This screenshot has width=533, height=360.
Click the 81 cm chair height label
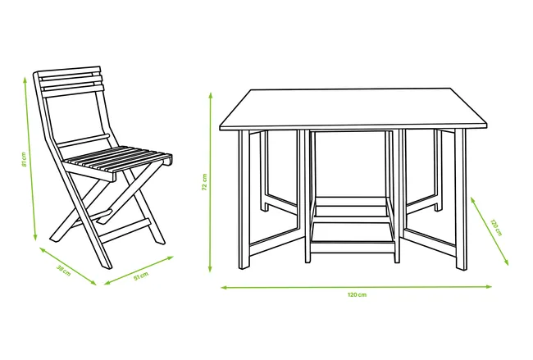[x=24, y=159]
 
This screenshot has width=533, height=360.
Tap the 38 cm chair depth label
[x=64, y=271]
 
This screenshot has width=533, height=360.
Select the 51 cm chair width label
[x=141, y=276]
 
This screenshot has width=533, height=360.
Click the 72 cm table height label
[x=205, y=182]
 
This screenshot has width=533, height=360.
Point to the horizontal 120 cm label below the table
[x=357, y=294]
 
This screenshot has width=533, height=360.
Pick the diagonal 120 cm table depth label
[x=495, y=227]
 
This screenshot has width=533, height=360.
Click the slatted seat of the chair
[x=117, y=159]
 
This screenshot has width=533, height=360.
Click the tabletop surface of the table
[x=353, y=109]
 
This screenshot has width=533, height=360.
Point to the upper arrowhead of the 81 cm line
[x=25, y=80]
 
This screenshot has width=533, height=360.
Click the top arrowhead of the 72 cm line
[x=211, y=96]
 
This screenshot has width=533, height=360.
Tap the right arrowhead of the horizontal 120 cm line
[x=489, y=286]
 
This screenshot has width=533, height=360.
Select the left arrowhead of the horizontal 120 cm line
[x=225, y=288]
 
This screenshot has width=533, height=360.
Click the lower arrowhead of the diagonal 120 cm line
[x=506, y=262]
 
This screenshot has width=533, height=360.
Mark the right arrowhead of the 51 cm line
[x=170, y=258]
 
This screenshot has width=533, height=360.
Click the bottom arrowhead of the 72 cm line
[x=210, y=268]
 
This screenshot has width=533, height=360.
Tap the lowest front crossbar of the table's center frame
[x=353, y=246]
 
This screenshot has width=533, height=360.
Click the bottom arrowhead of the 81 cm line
[x=34, y=237]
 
